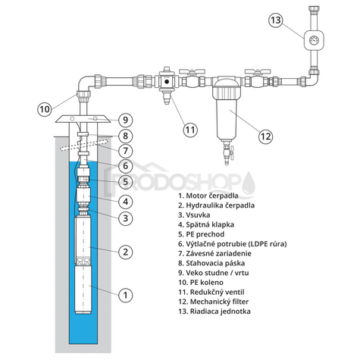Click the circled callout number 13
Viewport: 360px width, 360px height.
[x=276, y=20]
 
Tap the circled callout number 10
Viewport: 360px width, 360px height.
[x=45, y=109]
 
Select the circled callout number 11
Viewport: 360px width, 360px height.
[x=190, y=130]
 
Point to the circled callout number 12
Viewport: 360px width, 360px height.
[x=265, y=136]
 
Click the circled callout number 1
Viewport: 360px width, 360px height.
[x=126, y=295]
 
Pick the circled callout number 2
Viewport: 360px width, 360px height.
[x=126, y=252]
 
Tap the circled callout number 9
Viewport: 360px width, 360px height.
[x=126, y=120]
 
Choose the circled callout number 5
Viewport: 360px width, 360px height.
[x=126, y=181]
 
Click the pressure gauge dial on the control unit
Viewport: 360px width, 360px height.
[x=314, y=40]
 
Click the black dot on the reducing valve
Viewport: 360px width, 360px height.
[x=167, y=82]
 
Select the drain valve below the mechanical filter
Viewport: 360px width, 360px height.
[x=227, y=153]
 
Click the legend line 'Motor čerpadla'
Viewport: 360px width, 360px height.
[x=208, y=196]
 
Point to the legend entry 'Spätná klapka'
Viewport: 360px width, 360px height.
[x=206, y=224]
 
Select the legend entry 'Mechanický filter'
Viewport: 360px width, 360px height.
[x=214, y=302]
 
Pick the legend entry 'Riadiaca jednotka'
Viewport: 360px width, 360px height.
[x=214, y=311]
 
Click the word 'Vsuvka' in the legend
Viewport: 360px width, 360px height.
[x=198, y=215]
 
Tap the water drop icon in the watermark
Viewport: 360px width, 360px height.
[x=249, y=183]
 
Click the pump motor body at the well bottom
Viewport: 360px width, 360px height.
[x=83, y=290]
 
